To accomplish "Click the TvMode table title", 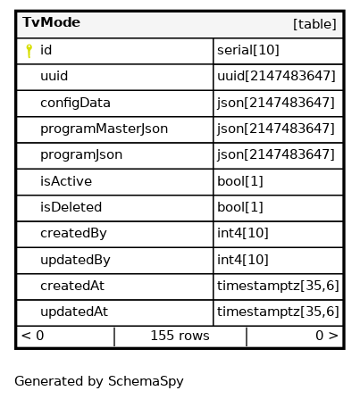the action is (x=51, y=22).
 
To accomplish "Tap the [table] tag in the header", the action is (x=314, y=24).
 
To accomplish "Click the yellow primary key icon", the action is (x=29, y=51).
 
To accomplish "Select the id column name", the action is (x=46, y=50).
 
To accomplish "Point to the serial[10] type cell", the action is (x=248, y=50).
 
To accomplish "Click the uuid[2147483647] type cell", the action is (x=276, y=76).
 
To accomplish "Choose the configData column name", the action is (x=75, y=103).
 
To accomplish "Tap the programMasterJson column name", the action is (x=104, y=129).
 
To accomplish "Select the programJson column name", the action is (x=81, y=154).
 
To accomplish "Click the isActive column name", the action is (x=66, y=181).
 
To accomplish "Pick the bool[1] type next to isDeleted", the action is (x=240, y=207).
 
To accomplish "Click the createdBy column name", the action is (x=73, y=233).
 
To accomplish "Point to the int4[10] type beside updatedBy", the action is (x=243, y=260).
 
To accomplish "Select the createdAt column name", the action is (x=72, y=286).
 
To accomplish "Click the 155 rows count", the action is (x=180, y=336).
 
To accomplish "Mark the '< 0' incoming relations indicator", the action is (x=32, y=336).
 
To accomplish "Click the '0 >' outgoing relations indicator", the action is (x=327, y=336).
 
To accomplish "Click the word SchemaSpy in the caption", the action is (x=146, y=381).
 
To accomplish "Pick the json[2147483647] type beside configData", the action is (x=276, y=103).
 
